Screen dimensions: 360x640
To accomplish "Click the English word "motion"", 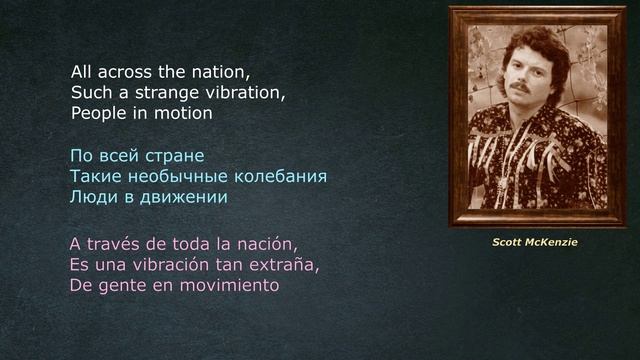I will pyautogui.click(x=184, y=113).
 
